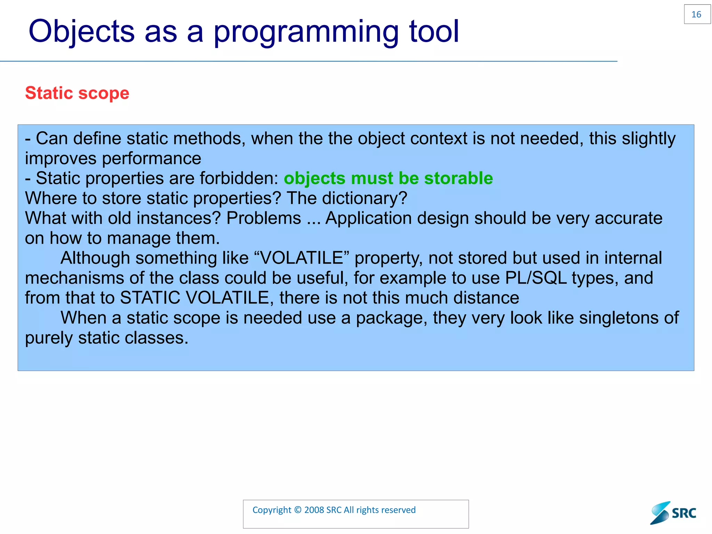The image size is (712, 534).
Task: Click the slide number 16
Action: pos(696,15)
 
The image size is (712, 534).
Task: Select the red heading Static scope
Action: pos(77,93)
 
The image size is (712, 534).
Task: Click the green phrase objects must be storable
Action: pos(388,178)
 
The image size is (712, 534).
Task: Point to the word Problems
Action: pos(264,219)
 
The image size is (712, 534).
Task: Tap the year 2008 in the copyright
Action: pos(314,510)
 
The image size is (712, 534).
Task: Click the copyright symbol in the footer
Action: pos(298,510)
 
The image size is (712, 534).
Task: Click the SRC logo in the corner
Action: pos(673,513)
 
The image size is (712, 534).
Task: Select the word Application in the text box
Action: pos(368,219)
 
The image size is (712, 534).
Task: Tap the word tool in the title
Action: pos(434,32)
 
